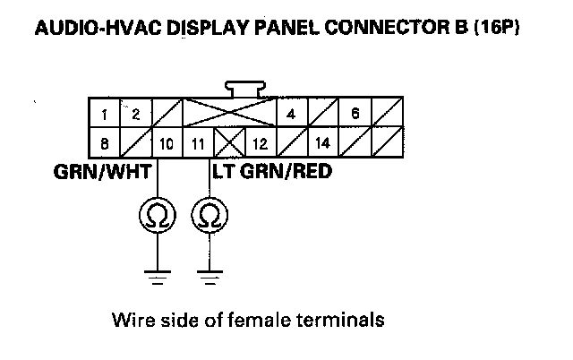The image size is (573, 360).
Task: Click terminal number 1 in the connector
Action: tap(105, 114)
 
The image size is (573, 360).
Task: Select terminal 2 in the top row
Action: tap(136, 114)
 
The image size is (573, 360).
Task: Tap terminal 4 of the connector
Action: tap(291, 114)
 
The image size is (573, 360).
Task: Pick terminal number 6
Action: tap(355, 114)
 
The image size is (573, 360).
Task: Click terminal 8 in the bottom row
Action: tap(105, 142)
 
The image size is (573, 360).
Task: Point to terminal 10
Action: tap(167, 142)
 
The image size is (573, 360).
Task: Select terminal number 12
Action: tap(260, 142)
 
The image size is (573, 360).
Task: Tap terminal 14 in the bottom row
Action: tap(322, 142)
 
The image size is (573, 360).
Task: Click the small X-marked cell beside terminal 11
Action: tap(228, 142)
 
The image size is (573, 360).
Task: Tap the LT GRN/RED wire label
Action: tap(269, 168)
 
